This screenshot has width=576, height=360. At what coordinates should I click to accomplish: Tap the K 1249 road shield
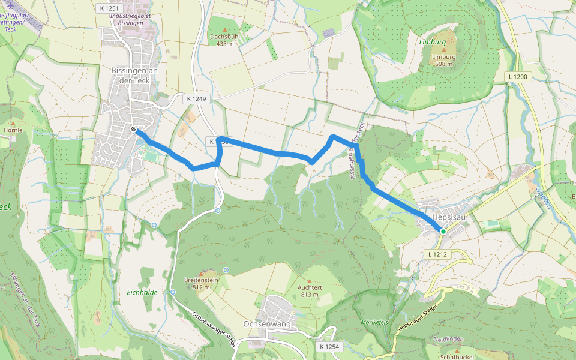(x=196, y=98)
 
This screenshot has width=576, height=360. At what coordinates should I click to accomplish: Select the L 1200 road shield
(x=518, y=77)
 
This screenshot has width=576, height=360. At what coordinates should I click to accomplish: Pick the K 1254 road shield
(x=329, y=347)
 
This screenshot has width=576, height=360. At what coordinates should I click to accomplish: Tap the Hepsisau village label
(x=449, y=217)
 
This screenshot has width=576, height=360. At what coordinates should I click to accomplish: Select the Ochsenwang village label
(x=267, y=324)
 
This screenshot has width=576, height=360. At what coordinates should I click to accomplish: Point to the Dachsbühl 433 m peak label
(x=225, y=40)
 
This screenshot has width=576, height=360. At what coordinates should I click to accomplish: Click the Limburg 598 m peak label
(x=444, y=61)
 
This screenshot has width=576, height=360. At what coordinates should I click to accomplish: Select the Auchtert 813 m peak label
(x=310, y=290)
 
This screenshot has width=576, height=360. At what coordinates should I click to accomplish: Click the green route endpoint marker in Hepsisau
(x=443, y=231)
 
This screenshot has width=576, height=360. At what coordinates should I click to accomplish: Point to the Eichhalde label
(x=143, y=292)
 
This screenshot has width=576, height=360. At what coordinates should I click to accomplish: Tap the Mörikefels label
(x=375, y=322)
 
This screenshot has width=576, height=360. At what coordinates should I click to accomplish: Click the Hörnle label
(x=13, y=130)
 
